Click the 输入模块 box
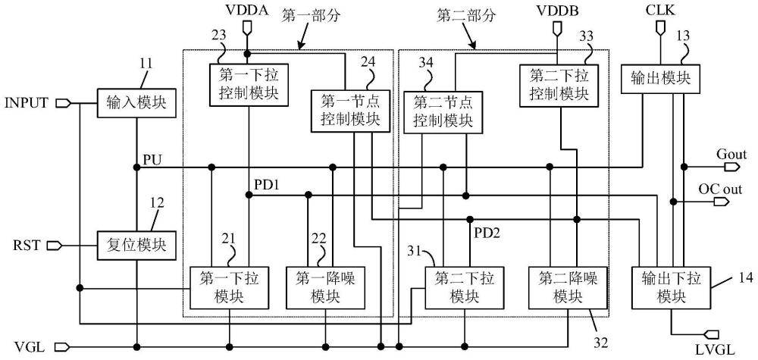137,102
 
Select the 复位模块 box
137,246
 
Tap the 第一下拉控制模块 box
249,84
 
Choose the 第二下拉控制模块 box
558,84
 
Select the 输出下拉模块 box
670,287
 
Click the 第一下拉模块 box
230,287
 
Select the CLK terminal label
660,11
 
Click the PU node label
151,160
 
